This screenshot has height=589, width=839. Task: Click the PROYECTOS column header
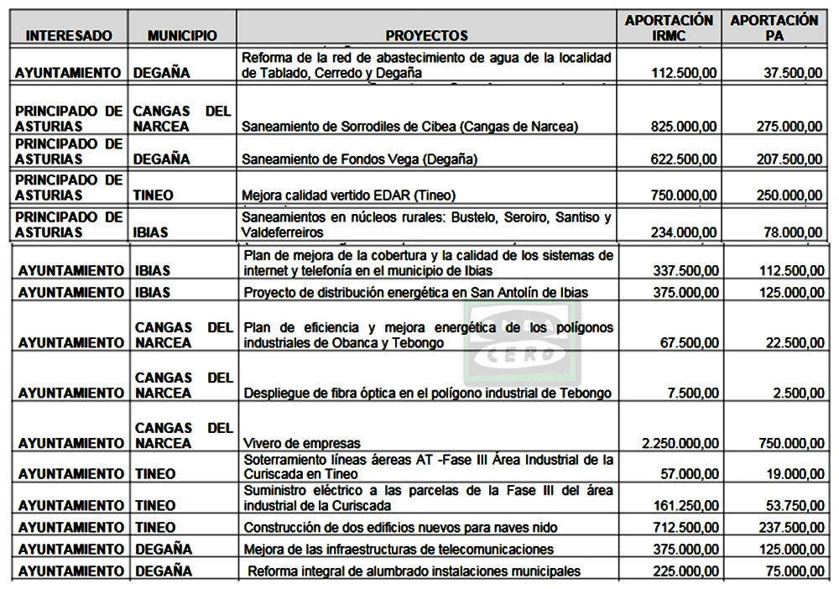pos(426,36)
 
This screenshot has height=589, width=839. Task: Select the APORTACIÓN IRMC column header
pos(669,28)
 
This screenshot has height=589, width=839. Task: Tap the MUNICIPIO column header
pos(182,36)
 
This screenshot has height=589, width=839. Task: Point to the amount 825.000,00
pos(684,127)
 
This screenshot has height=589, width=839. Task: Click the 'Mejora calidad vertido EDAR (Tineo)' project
pos(348,195)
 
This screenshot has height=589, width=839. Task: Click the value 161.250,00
pos(684,506)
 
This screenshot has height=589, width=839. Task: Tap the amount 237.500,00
pos(787,527)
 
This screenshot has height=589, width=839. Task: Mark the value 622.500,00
pos(684,159)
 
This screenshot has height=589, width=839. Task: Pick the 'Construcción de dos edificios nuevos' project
pos(399,527)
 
